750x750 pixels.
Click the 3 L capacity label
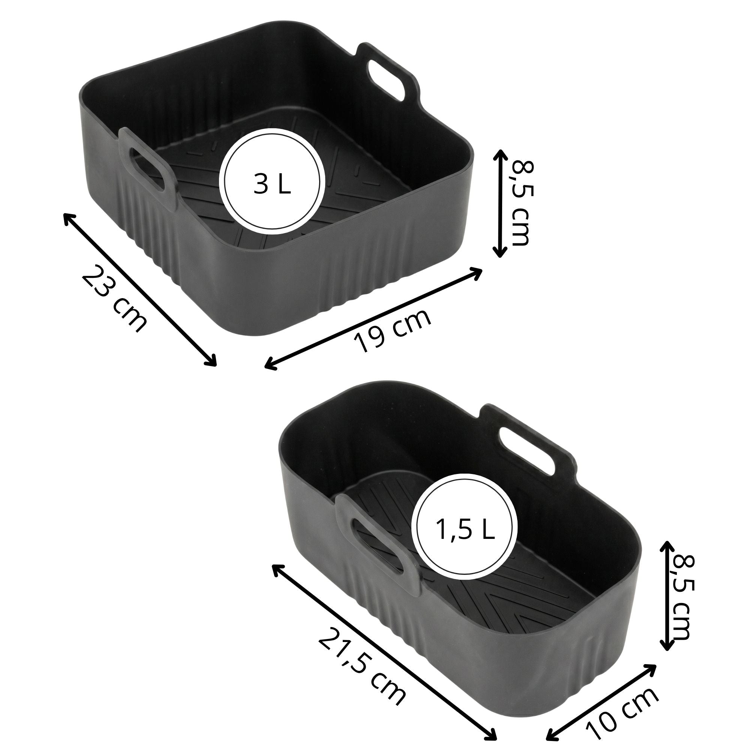point(272,184)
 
